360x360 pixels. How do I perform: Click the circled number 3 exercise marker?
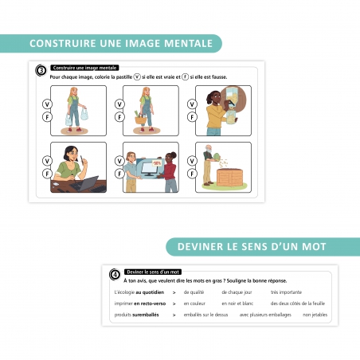coord(41,69)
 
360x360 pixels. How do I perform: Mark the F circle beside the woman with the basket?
coord(119,117)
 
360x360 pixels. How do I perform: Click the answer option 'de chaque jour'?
coord(236,292)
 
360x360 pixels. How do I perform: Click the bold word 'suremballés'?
coord(142,315)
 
